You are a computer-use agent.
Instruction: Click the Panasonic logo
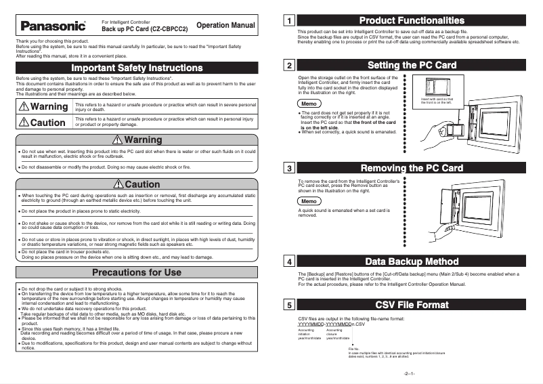coord(54,27)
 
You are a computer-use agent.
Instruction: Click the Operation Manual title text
coord(225,26)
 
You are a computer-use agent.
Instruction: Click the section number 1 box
coord(289,21)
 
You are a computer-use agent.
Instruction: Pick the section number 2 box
coord(289,66)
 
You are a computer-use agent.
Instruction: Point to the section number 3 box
coord(289,168)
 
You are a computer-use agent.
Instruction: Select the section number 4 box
coord(289,261)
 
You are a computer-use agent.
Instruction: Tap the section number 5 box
coord(289,305)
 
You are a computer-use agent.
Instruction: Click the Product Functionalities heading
coord(412,21)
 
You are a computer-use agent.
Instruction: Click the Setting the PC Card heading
coord(412,66)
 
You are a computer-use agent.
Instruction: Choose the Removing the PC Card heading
coord(412,168)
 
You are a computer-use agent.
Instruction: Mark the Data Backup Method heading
coord(412,261)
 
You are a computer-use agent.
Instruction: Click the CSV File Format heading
coord(412,305)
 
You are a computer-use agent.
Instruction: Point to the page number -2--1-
coord(409,375)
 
